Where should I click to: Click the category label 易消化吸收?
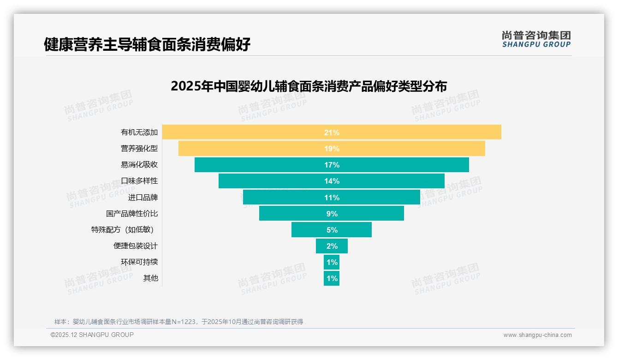(x=139, y=165)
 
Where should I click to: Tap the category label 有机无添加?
(x=139, y=132)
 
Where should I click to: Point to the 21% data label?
(x=332, y=132)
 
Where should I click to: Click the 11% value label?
(x=332, y=198)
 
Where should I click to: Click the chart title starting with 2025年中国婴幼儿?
(x=309, y=86)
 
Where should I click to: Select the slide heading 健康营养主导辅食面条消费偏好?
(x=147, y=44)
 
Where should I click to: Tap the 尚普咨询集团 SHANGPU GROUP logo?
(x=536, y=39)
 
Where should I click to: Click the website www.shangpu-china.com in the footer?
(x=537, y=335)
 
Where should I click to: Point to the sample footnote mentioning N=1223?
(x=179, y=322)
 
